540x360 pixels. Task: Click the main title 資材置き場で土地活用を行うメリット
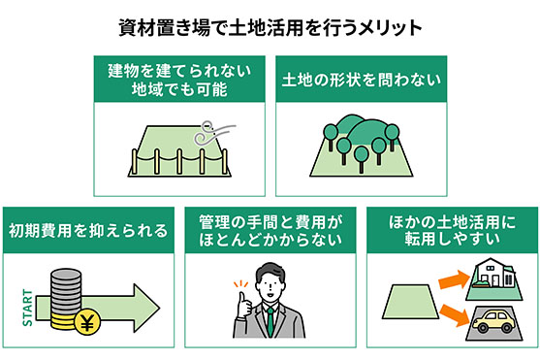(270, 27)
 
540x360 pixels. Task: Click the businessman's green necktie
(270, 320)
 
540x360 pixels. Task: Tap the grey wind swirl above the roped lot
(206, 132)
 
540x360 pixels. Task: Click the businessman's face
(270, 282)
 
